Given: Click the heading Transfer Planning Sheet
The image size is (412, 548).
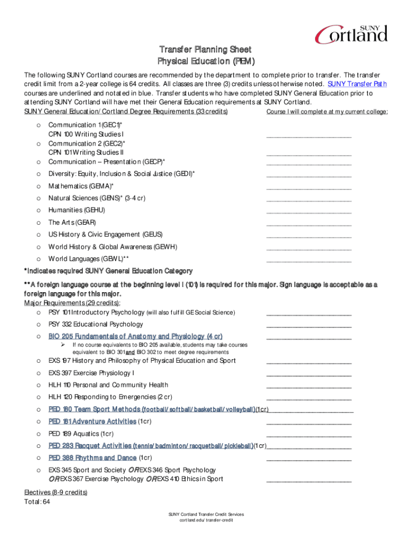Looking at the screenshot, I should click(205, 50).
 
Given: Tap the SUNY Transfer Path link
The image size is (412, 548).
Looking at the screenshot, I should click(357, 84).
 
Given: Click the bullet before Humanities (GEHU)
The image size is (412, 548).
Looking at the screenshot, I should click(38, 210).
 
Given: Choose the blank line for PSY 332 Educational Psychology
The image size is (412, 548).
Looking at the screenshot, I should click(309, 325).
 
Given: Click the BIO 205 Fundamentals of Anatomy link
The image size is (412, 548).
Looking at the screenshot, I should click(135, 336).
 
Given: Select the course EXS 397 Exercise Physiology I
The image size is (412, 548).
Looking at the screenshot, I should click(91, 372).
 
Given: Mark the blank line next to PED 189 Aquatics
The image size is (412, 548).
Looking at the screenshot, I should click(309, 435).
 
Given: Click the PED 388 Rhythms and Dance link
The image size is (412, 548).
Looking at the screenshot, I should click(92, 458).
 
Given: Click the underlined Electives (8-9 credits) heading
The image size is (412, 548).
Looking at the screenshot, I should click(56, 492).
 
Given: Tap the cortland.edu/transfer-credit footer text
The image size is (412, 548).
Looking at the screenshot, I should click(206, 520).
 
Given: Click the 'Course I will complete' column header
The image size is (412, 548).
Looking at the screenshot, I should click(327, 111).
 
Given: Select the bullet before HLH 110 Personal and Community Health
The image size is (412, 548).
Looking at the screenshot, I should click(38, 385).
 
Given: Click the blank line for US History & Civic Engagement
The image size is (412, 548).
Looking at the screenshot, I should click(309, 236).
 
